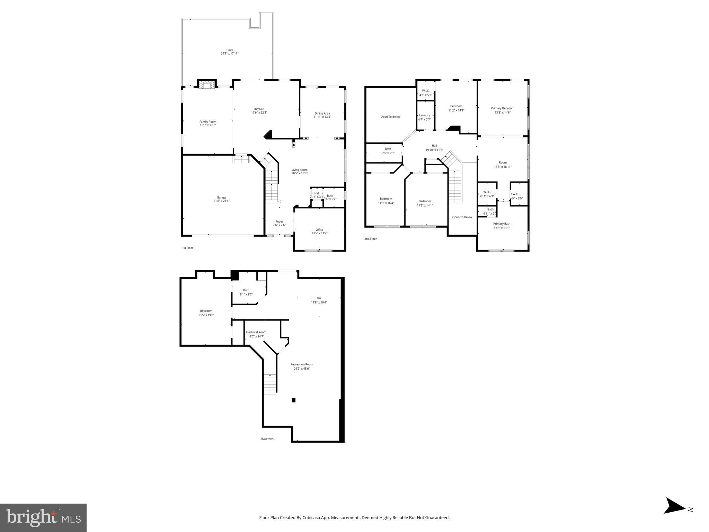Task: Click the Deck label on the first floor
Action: (230, 50)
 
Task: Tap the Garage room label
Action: (221, 197)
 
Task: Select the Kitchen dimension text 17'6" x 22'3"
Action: (259, 113)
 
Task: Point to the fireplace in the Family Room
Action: (207, 85)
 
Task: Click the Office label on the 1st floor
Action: (319, 230)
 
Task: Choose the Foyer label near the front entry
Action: (279, 222)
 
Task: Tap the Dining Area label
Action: (322, 113)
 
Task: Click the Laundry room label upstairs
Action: (424, 115)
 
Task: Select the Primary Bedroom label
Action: (503, 108)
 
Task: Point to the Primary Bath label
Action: (502, 224)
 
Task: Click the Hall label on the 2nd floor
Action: (434, 146)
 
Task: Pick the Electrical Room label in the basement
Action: (256, 332)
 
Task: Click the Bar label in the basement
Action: (319, 298)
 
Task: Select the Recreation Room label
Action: (302, 364)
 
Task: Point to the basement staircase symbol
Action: (270, 384)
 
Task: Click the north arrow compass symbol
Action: (674, 515)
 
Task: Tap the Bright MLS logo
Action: (43, 518)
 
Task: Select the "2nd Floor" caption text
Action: (370, 239)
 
